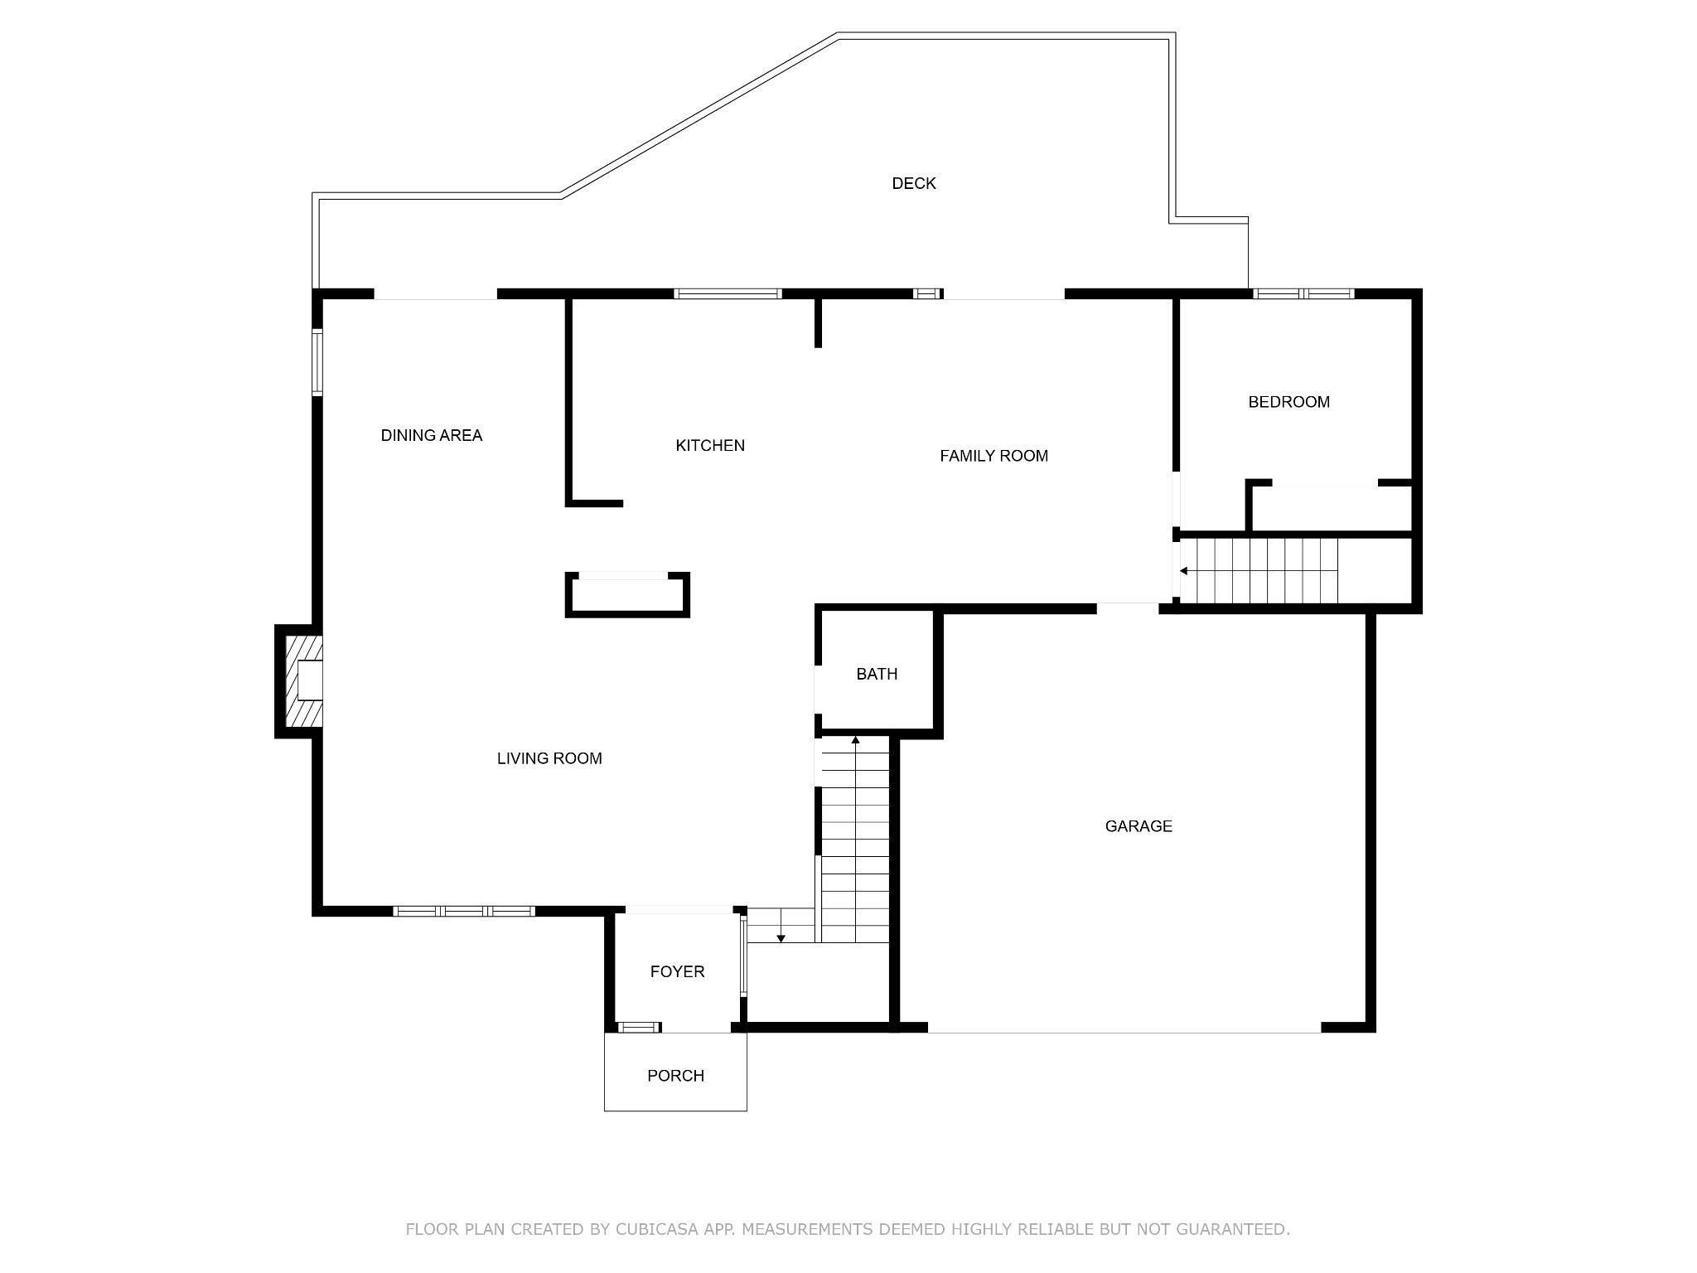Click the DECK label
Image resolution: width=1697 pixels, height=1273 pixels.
coord(913,183)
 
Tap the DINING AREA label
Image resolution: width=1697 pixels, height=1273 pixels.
coord(431,435)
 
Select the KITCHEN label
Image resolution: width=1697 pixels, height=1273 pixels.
coord(710,445)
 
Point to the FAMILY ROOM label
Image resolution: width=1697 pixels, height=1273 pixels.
coord(994,455)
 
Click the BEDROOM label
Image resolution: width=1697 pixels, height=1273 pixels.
coord(1288,402)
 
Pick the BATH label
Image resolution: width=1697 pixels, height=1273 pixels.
coord(877,674)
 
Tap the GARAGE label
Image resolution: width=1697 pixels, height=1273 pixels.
coord(1139,825)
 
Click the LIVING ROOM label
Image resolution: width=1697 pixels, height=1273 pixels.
coord(549,758)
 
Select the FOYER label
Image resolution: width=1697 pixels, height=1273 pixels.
coord(677,971)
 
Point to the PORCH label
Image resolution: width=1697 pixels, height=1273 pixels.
coord(675,1076)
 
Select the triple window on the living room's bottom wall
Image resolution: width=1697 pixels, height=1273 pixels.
coord(464,911)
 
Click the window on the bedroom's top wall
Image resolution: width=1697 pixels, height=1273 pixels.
coord(1303,293)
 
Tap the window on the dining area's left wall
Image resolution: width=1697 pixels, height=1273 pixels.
coord(317,362)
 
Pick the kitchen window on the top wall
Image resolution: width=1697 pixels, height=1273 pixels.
coord(728,293)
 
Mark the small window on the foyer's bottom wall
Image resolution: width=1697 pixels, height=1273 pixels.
coord(638,1028)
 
